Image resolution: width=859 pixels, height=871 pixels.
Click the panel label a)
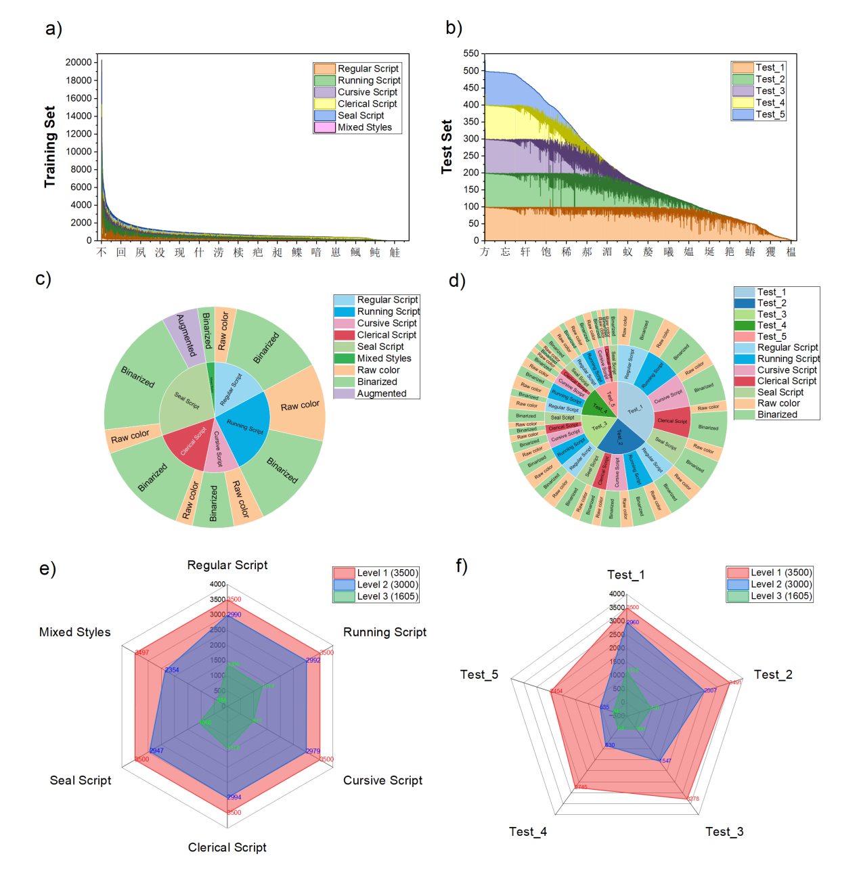tap(53, 29)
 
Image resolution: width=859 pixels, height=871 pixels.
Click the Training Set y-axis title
tap(49, 147)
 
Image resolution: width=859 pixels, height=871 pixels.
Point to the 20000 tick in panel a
tap(79, 62)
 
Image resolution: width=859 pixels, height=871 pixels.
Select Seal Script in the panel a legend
tap(360, 116)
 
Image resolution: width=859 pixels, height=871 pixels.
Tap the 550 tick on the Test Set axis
tap(471, 53)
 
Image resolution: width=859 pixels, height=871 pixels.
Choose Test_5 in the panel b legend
tap(770, 114)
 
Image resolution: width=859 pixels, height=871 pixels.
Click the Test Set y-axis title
tap(447, 147)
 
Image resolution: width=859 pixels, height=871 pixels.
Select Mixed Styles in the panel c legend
tap(384, 359)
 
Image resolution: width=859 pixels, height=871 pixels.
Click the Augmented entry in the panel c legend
tap(381, 394)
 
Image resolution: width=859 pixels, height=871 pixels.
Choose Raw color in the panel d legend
tap(778, 403)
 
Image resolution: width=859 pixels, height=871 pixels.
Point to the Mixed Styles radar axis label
tap(74, 632)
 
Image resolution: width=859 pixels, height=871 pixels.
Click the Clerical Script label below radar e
tap(227, 847)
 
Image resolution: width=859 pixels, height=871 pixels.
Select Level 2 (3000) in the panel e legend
tap(387, 585)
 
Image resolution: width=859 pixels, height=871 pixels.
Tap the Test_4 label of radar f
tap(528, 832)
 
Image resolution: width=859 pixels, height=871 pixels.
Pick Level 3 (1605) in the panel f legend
tap(780, 596)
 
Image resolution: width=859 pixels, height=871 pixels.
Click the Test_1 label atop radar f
tap(625, 575)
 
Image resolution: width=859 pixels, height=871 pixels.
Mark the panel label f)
tap(462, 565)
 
